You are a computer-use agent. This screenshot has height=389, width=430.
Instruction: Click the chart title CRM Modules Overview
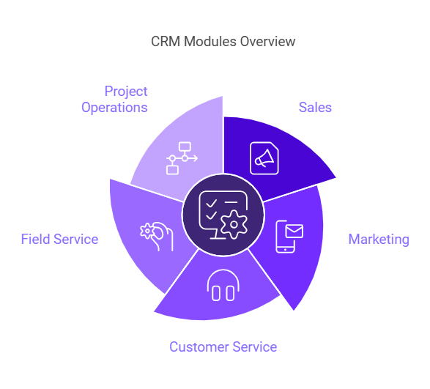pyautogui.click(x=223, y=42)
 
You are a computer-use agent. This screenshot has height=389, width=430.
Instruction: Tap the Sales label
pyautogui.click(x=315, y=107)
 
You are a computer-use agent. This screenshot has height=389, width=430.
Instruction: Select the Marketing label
pyautogui.click(x=379, y=240)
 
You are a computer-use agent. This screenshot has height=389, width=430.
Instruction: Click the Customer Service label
pyautogui.click(x=223, y=347)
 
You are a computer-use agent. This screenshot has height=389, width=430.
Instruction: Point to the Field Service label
pyautogui.click(x=59, y=239)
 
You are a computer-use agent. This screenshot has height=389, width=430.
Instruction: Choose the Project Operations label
pyautogui.click(x=114, y=100)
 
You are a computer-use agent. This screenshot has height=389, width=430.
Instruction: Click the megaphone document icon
pyautogui.click(x=264, y=158)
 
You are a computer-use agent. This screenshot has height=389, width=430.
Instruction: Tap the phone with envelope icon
pyautogui.click(x=289, y=237)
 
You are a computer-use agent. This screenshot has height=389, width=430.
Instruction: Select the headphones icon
pyautogui.click(x=223, y=285)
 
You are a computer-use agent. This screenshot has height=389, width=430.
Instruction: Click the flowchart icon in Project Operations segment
pyautogui.click(x=182, y=158)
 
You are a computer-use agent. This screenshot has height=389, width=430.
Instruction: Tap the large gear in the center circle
pyautogui.click(x=234, y=225)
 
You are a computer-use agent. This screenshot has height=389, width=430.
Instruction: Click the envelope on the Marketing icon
pyautogui.click(x=294, y=231)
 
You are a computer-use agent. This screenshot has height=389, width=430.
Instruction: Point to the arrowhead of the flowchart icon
pyautogui.click(x=196, y=158)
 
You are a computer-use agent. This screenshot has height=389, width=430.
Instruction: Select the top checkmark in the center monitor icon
pyautogui.click(x=212, y=203)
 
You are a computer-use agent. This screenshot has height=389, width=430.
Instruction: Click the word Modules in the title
pyautogui.click(x=210, y=42)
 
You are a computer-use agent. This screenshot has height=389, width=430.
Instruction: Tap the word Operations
pyautogui.click(x=114, y=108)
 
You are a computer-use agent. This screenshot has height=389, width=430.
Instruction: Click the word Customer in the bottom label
pyautogui.click(x=199, y=347)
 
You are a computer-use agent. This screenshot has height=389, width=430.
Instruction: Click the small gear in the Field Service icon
pyautogui.click(x=147, y=231)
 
